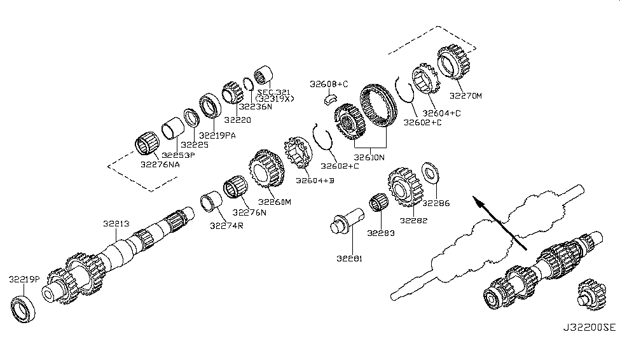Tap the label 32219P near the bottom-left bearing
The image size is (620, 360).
pyautogui.click(x=24, y=279)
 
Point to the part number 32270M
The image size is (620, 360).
pyautogui.click(x=466, y=96)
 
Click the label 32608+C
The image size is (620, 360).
pyautogui.click(x=329, y=84)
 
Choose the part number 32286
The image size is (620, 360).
pyautogui.click(x=436, y=204)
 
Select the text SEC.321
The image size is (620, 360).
pyautogui.click(x=273, y=92)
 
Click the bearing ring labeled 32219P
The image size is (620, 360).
pyautogui.click(x=25, y=307)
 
